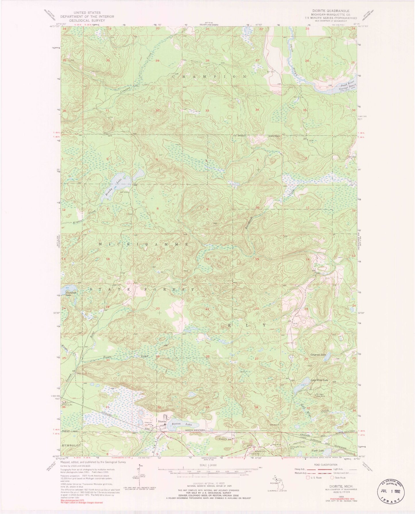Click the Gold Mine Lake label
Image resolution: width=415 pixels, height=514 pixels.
click(x=319, y=380)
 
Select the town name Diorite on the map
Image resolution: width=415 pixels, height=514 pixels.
click(x=162, y=421)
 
